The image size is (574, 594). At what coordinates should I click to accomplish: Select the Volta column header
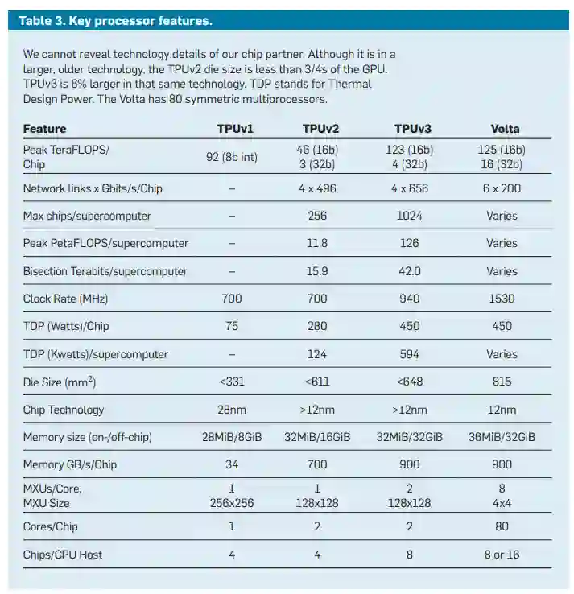(505, 129)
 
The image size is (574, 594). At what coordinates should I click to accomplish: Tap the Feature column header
(44, 129)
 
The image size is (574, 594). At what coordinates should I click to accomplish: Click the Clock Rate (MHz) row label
(65, 299)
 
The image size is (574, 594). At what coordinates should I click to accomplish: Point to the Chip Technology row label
(64, 410)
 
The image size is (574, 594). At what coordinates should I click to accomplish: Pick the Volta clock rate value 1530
(505, 299)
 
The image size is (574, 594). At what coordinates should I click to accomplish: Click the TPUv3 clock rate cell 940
(411, 299)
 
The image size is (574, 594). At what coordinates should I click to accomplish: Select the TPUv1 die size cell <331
(232, 382)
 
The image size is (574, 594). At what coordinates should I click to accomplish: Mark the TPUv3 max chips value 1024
(411, 216)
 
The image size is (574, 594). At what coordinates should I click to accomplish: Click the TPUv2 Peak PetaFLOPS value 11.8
(318, 243)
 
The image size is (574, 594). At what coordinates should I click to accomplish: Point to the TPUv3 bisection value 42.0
(411, 271)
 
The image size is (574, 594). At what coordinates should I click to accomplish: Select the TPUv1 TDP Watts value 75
(232, 327)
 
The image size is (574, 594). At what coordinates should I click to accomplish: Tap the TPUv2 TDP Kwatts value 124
(318, 354)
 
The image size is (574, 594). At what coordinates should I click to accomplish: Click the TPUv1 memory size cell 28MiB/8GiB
(232, 437)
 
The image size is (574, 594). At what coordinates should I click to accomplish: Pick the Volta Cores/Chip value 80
(505, 526)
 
